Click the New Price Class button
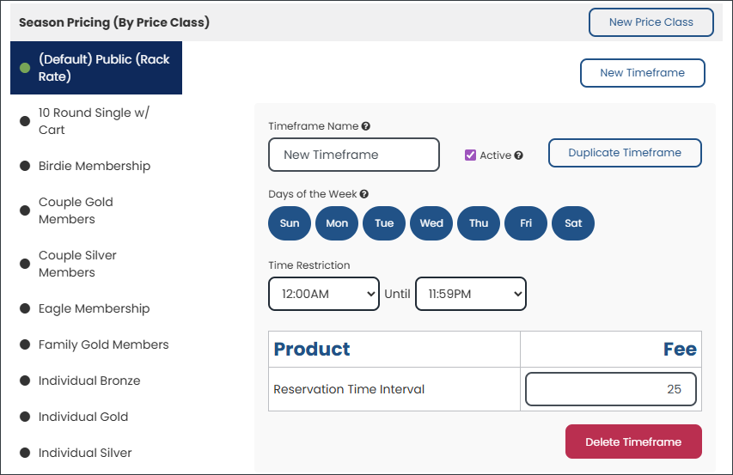651,22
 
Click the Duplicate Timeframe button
625,153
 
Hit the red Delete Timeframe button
633,442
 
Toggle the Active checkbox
470,155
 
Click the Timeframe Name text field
354,155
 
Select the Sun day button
290,223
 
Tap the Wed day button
431,223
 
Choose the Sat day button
573,223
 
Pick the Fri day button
526,223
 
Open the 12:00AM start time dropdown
324,294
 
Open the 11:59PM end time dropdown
471,294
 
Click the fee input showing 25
610,389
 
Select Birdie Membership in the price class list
95,166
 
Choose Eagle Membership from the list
94,308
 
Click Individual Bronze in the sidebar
89,381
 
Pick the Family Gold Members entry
103,344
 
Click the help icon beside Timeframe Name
365,126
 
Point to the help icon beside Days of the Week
364,194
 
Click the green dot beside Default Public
25,68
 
